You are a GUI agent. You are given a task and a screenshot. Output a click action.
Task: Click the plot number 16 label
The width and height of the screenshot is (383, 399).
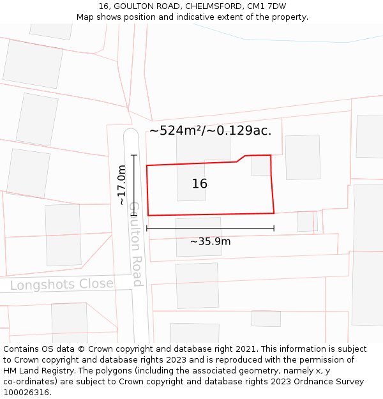(x=199, y=184)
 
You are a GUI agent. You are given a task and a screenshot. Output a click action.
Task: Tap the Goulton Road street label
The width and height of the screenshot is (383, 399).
(x=135, y=244)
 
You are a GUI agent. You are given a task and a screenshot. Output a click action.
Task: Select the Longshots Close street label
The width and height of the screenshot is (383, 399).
(x=61, y=284)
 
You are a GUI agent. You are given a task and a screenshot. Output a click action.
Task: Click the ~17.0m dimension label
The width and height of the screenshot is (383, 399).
(x=121, y=185)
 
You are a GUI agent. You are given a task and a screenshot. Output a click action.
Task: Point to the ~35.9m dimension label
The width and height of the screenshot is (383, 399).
(x=210, y=241)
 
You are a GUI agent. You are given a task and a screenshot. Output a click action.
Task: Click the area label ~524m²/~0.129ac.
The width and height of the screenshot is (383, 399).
(x=210, y=131)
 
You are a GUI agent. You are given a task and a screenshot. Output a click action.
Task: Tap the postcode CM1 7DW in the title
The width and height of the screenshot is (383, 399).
(x=268, y=6)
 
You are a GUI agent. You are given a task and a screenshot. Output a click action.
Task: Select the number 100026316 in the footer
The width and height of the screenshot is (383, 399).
(x=27, y=393)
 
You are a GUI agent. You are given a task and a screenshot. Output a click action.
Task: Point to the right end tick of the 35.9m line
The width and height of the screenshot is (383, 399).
(x=274, y=228)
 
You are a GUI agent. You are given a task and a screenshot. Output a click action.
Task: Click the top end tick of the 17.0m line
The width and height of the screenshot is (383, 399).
(x=133, y=155)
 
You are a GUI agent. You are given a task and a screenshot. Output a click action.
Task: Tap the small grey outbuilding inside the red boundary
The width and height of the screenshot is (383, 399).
(x=260, y=165)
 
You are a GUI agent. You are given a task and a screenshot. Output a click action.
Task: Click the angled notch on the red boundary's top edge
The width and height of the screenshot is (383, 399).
(x=241, y=158)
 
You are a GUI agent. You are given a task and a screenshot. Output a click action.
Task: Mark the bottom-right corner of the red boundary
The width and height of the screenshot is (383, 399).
(x=274, y=213)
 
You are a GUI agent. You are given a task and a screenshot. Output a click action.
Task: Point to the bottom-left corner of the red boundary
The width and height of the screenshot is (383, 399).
(x=148, y=215)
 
